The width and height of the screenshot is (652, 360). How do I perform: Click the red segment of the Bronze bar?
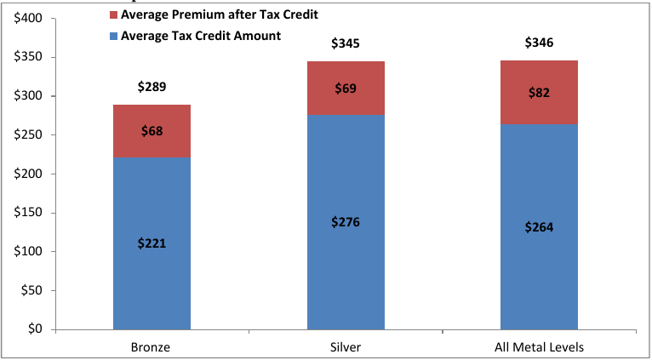(152, 131)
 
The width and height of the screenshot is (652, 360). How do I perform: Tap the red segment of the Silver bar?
(346, 88)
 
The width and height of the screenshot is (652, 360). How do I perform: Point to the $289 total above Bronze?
(152, 87)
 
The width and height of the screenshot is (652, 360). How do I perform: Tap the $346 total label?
(539, 42)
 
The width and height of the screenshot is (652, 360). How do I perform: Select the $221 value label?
(152, 243)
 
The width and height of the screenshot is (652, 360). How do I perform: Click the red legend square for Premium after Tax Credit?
(114, 16)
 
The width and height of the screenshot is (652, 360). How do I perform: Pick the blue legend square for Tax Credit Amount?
(114, 36)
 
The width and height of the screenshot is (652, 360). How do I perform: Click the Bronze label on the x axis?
(152, 346)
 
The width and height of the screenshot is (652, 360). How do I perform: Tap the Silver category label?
(346, 346)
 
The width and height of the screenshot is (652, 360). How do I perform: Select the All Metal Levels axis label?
(539, 346)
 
